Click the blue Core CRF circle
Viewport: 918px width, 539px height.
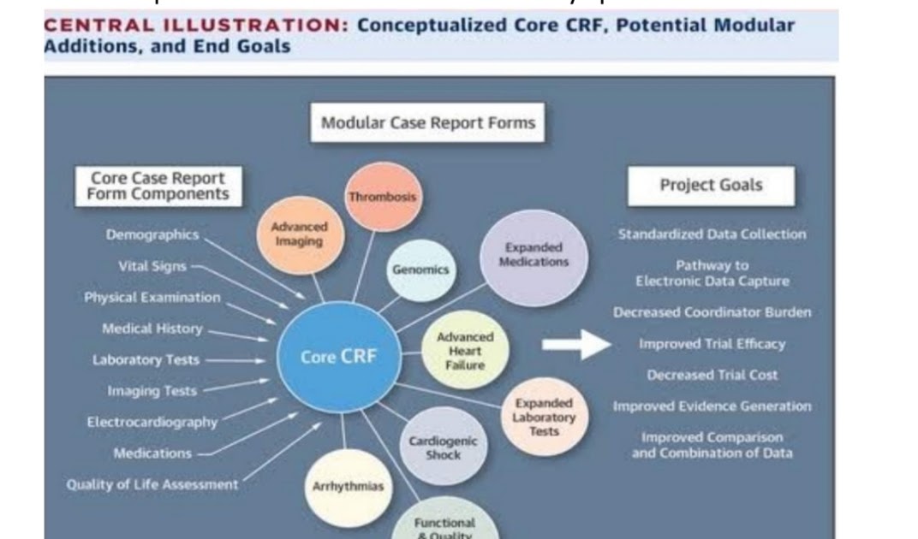click(337, 358)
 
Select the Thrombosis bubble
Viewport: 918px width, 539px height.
click(383, 197)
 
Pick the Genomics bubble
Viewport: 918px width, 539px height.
click(420, 269)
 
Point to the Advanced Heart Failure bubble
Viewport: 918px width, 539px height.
click(465, 351)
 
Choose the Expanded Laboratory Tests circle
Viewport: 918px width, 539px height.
click(544, 417)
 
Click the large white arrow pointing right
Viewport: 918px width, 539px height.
click(575, 344)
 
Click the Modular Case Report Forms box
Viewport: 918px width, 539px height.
click(427, 123)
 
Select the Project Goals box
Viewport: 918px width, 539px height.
click(711, 186)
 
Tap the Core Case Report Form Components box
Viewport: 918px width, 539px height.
click(158, 186)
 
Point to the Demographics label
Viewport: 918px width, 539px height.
click(152, 234)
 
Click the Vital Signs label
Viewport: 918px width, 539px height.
click(152, 266)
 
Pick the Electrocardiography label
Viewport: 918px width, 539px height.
click(152, 422)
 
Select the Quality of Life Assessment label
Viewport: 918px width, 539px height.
click(152, 484)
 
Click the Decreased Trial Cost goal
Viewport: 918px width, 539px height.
click(712, 375)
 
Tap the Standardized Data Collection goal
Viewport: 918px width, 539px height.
click(712, 234)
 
